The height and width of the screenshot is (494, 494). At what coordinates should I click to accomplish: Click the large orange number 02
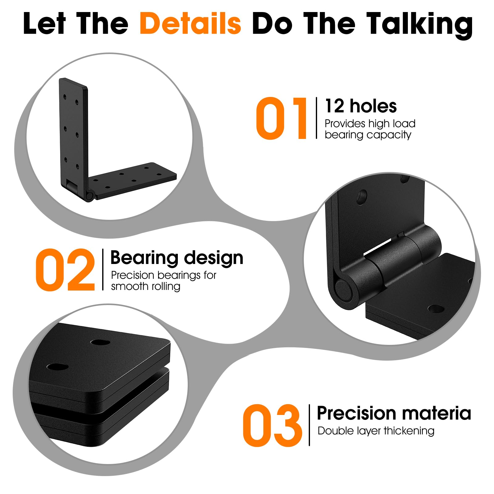[x=65, y=270]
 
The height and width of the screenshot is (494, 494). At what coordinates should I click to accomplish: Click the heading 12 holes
[x=361, y=106]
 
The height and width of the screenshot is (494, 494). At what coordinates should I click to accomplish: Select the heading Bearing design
[x=177, y=258]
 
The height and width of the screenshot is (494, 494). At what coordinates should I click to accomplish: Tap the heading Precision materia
[x=394, y=413]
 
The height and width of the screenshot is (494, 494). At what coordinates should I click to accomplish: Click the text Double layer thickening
[x=376, y=431]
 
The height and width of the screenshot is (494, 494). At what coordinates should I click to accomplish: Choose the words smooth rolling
[x=145, y=287]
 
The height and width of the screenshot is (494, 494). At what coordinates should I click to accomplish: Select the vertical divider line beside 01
[x=316, y=118]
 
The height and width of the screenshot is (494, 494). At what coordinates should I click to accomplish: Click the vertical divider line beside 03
[x=309, y=425]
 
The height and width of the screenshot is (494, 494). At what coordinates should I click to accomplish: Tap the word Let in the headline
[x=44, y=24]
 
